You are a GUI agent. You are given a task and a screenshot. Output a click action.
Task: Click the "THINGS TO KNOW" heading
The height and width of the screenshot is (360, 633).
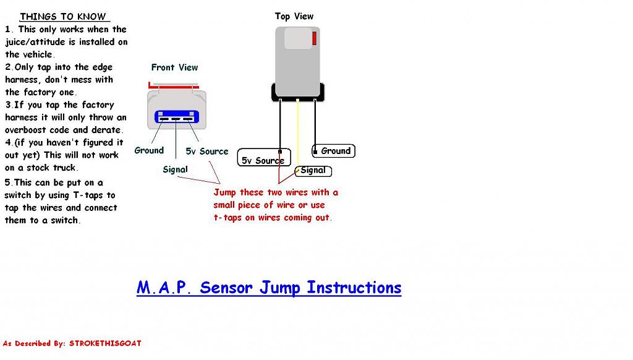point(62,17)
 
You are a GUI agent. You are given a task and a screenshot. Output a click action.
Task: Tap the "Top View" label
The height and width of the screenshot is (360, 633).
point(294,17)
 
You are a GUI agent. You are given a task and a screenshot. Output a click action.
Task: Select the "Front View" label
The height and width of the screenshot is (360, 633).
point(174,67)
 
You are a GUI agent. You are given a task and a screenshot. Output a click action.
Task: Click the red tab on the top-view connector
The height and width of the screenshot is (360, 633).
point(315,38)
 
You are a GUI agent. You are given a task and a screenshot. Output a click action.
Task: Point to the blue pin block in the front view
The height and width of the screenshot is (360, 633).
point(176,118)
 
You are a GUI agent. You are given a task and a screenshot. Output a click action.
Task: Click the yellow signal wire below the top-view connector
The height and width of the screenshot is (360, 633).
point(298,130)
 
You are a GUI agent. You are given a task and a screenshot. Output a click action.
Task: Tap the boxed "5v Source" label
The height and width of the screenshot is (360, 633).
point(263,161)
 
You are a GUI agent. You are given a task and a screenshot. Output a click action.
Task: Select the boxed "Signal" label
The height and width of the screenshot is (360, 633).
point(313,171)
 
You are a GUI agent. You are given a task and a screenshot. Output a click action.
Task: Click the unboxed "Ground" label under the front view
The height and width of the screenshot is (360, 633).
point(149,150)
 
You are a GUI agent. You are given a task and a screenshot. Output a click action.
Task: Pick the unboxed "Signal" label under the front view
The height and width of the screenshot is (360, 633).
point(175,169)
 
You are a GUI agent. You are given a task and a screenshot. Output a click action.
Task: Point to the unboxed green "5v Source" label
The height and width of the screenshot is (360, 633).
point(207,152)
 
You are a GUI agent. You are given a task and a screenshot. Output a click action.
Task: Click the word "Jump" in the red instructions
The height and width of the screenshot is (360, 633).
point(225,192)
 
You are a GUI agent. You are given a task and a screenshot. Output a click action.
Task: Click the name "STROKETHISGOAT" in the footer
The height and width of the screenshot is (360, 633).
point(105,343)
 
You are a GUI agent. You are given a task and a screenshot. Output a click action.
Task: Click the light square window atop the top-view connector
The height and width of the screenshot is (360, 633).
point(298,38)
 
